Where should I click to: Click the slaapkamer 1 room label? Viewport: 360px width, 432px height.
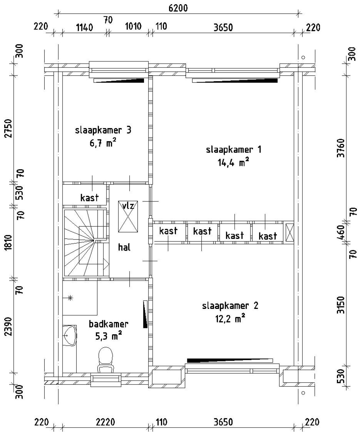pyautogui.click(x=233, y=150)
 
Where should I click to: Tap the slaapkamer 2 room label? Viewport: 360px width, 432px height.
pyautogui.click(x=230, y=306)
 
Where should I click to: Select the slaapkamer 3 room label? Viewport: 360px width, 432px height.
pyautogui.click(x=103, y=130)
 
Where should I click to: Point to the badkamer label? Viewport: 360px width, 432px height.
pyautogui.click(x=108, y=324)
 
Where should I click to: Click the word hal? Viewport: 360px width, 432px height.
pyautogui.click(x=124, y=248)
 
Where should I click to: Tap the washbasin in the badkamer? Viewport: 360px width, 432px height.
pyautogui.click(x=69, y=336)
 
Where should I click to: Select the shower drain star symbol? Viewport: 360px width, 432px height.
pyautogui.click(x=70, y=298)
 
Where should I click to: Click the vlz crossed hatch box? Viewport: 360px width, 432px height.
pyautogui.click(x=128, y=216)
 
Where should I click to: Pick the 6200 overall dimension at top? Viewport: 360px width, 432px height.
pyautogui.click(x=178, y=8)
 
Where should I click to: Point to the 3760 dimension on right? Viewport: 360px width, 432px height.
pyautogui.click(x=341, y=148)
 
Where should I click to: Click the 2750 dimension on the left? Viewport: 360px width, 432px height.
pyautogui.click(x=9, y=128)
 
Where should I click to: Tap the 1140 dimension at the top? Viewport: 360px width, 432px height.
pyautogui.click(x=84, y=28)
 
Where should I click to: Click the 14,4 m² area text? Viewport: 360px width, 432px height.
pyautogui.click(x=233, y=163)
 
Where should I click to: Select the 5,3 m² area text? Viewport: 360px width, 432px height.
pyautogui.click(x=108, y=337)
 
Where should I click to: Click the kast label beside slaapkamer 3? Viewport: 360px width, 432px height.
pyautogui.click(x=89, y=198)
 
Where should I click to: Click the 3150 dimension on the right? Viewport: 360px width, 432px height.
pyautogui.click(x=341, y=305)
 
